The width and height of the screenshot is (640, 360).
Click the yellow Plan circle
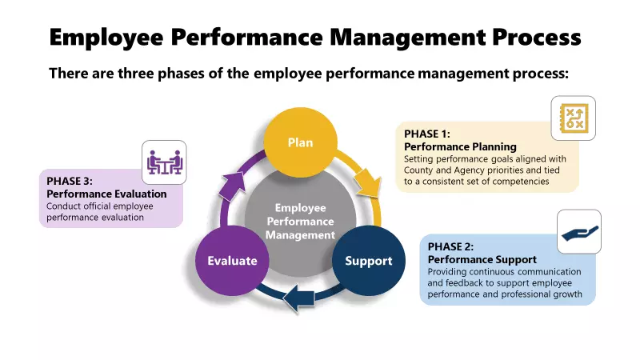click(x=300, y=142)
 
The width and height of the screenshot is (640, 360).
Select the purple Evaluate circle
click(x=232, y=260)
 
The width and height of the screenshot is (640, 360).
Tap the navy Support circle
click(x=368, y=260)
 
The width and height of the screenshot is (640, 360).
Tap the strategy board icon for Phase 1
click(x=573, y=118)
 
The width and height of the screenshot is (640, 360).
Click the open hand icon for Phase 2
click(x=578, y=232)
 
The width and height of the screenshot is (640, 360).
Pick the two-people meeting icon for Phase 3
click(x=164, y=162)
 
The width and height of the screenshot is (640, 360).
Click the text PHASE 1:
click(x=427, y=134)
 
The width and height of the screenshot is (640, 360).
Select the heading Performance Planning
click(x=460, y=146)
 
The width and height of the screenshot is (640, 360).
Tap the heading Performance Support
click(x=482, y=259)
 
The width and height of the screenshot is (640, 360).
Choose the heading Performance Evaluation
click(x=106, y=194)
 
